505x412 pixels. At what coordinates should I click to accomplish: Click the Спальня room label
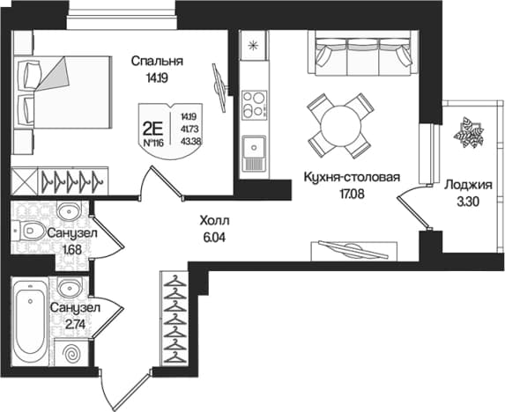[157, 61]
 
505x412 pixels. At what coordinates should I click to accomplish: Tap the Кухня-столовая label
[352, 177]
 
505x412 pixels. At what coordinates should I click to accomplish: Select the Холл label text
[214, 221]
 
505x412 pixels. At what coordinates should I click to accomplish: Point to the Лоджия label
[468, 186]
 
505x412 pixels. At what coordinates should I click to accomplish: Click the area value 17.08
[352, 194]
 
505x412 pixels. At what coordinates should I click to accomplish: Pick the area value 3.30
[468, 202]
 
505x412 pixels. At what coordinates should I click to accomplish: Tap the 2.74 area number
[75, 325]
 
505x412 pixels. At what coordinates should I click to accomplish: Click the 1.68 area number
[72, 250]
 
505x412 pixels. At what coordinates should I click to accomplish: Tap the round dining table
[340, 125]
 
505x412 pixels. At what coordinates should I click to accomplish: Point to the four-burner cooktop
[254, 105]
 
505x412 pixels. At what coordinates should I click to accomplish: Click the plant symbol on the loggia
[469, 133]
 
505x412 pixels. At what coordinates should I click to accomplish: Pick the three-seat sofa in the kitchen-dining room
[363, 53]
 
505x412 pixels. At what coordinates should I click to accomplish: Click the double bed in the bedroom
[63, 92]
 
